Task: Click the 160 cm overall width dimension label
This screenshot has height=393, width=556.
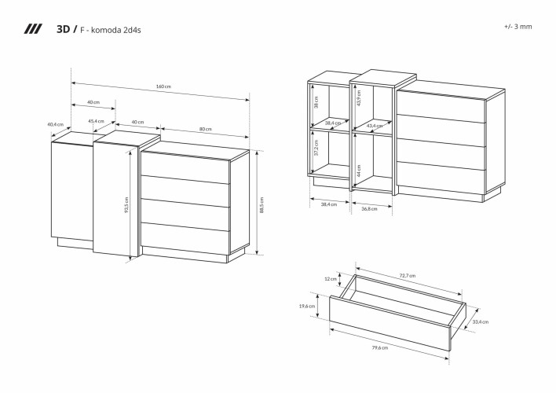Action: (x=163, y=86)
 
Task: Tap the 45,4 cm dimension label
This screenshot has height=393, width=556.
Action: (x=97, y=121)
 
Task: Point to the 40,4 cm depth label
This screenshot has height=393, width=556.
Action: (x=55, y=124)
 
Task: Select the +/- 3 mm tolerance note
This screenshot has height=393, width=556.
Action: (x=518, y=26)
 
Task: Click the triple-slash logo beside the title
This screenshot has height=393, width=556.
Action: (x=33, y=29)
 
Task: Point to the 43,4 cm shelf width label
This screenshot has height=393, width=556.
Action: (x=375, y=126)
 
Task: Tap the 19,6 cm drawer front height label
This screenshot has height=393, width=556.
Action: (x=306, y=307)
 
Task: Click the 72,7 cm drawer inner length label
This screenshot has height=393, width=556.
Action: (x=407, y=276)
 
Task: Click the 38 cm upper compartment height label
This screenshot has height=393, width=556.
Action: (x=316, y=103)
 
